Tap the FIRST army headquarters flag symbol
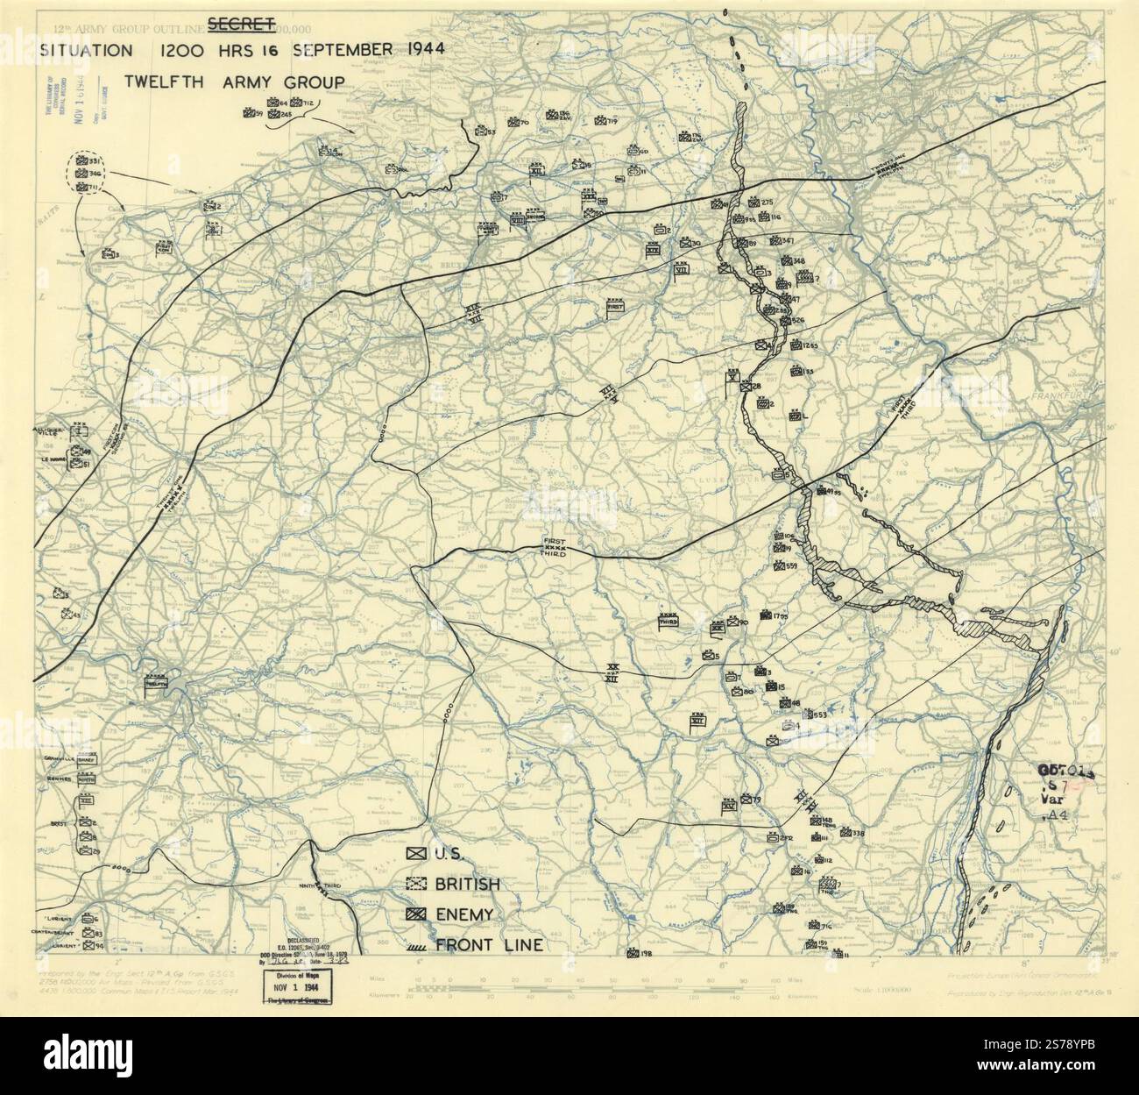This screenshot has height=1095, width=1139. click(616, 307)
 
